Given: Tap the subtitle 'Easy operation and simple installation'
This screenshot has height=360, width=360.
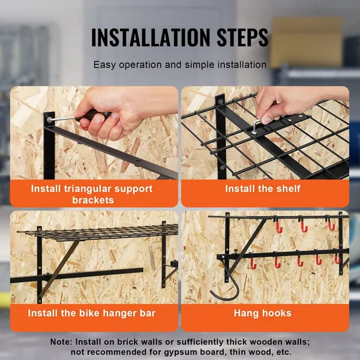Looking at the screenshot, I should click(180, 64).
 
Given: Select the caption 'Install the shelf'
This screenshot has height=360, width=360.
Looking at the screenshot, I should click(263, 188).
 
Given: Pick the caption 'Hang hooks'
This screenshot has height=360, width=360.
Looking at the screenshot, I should click(263, 313).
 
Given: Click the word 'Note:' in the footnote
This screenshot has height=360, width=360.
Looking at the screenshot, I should click(63, 341).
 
